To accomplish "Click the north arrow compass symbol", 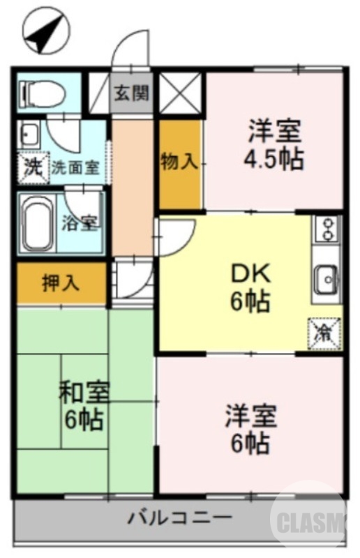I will click(x=43, y=31).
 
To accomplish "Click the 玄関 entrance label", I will click(x=132, y=93).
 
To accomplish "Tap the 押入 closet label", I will click(x=60, y=283).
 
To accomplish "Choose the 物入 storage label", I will click(x=179, y=163).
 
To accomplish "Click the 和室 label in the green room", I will click(x=84, y=393).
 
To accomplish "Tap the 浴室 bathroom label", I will click(x=81, y=223).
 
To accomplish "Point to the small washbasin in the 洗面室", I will click(x=30, y=133).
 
